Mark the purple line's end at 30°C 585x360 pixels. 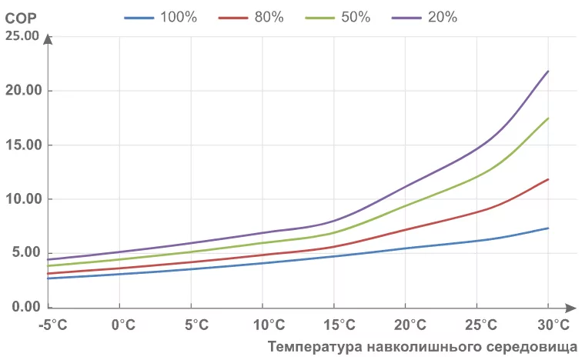click(548, 71)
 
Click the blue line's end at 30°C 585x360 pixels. click(548, 228)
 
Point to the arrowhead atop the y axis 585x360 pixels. click(48, 38)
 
